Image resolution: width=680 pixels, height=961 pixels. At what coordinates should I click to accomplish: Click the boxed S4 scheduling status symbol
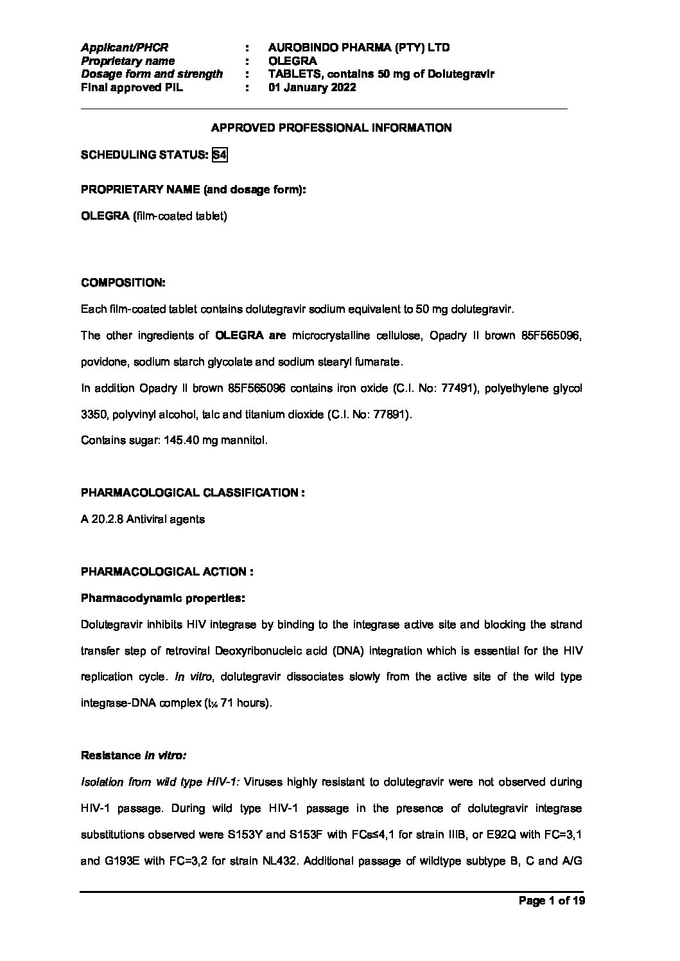click(220, 155)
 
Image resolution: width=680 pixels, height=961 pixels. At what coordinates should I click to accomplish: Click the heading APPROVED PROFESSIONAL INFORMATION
click(331, 128)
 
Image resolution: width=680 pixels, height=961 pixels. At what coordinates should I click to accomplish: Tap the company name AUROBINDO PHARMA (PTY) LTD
click(359, 48)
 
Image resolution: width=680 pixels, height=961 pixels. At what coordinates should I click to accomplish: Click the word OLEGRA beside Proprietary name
click(292, 61)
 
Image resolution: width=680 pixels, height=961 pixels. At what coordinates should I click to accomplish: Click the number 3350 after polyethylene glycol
click(92, 415)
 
